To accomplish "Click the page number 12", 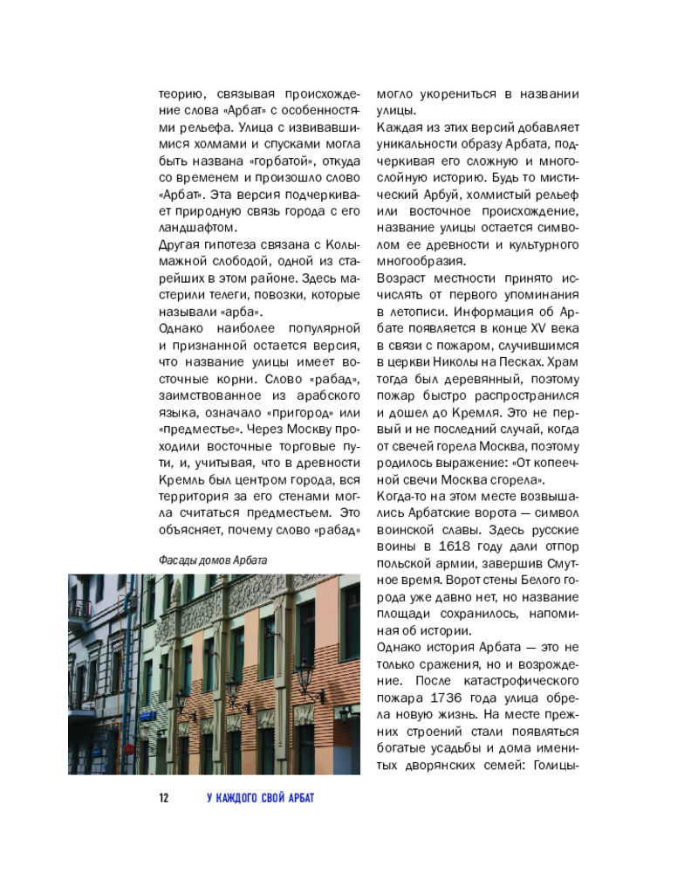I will tap(162, 799).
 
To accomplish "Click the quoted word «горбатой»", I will tap(282, 162).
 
